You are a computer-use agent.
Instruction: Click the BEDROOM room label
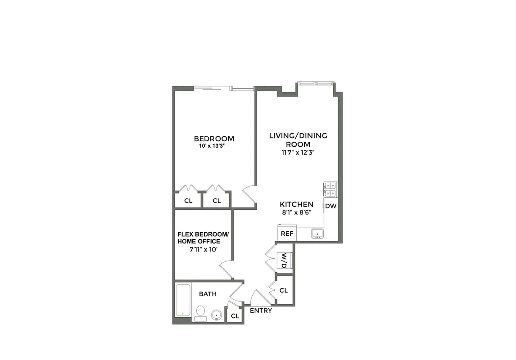214,139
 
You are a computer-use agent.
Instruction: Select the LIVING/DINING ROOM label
298,139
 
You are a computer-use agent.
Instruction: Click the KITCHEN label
296,204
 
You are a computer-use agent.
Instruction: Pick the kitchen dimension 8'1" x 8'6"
296,212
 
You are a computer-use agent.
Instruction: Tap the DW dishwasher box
331,206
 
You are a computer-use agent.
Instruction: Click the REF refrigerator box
287,234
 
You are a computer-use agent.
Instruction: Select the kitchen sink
318,234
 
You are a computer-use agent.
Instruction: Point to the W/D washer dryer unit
284,261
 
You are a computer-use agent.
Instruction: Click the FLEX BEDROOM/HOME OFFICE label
203,238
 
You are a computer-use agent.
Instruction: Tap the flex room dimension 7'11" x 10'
204,249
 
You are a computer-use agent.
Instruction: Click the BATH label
208,294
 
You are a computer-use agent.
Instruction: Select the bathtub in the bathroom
183,300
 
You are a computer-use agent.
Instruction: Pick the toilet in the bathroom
200,312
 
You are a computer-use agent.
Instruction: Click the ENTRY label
261,310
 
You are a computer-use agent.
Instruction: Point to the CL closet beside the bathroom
235,316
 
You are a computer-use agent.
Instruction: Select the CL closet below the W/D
283,290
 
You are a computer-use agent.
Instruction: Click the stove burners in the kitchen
330,189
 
